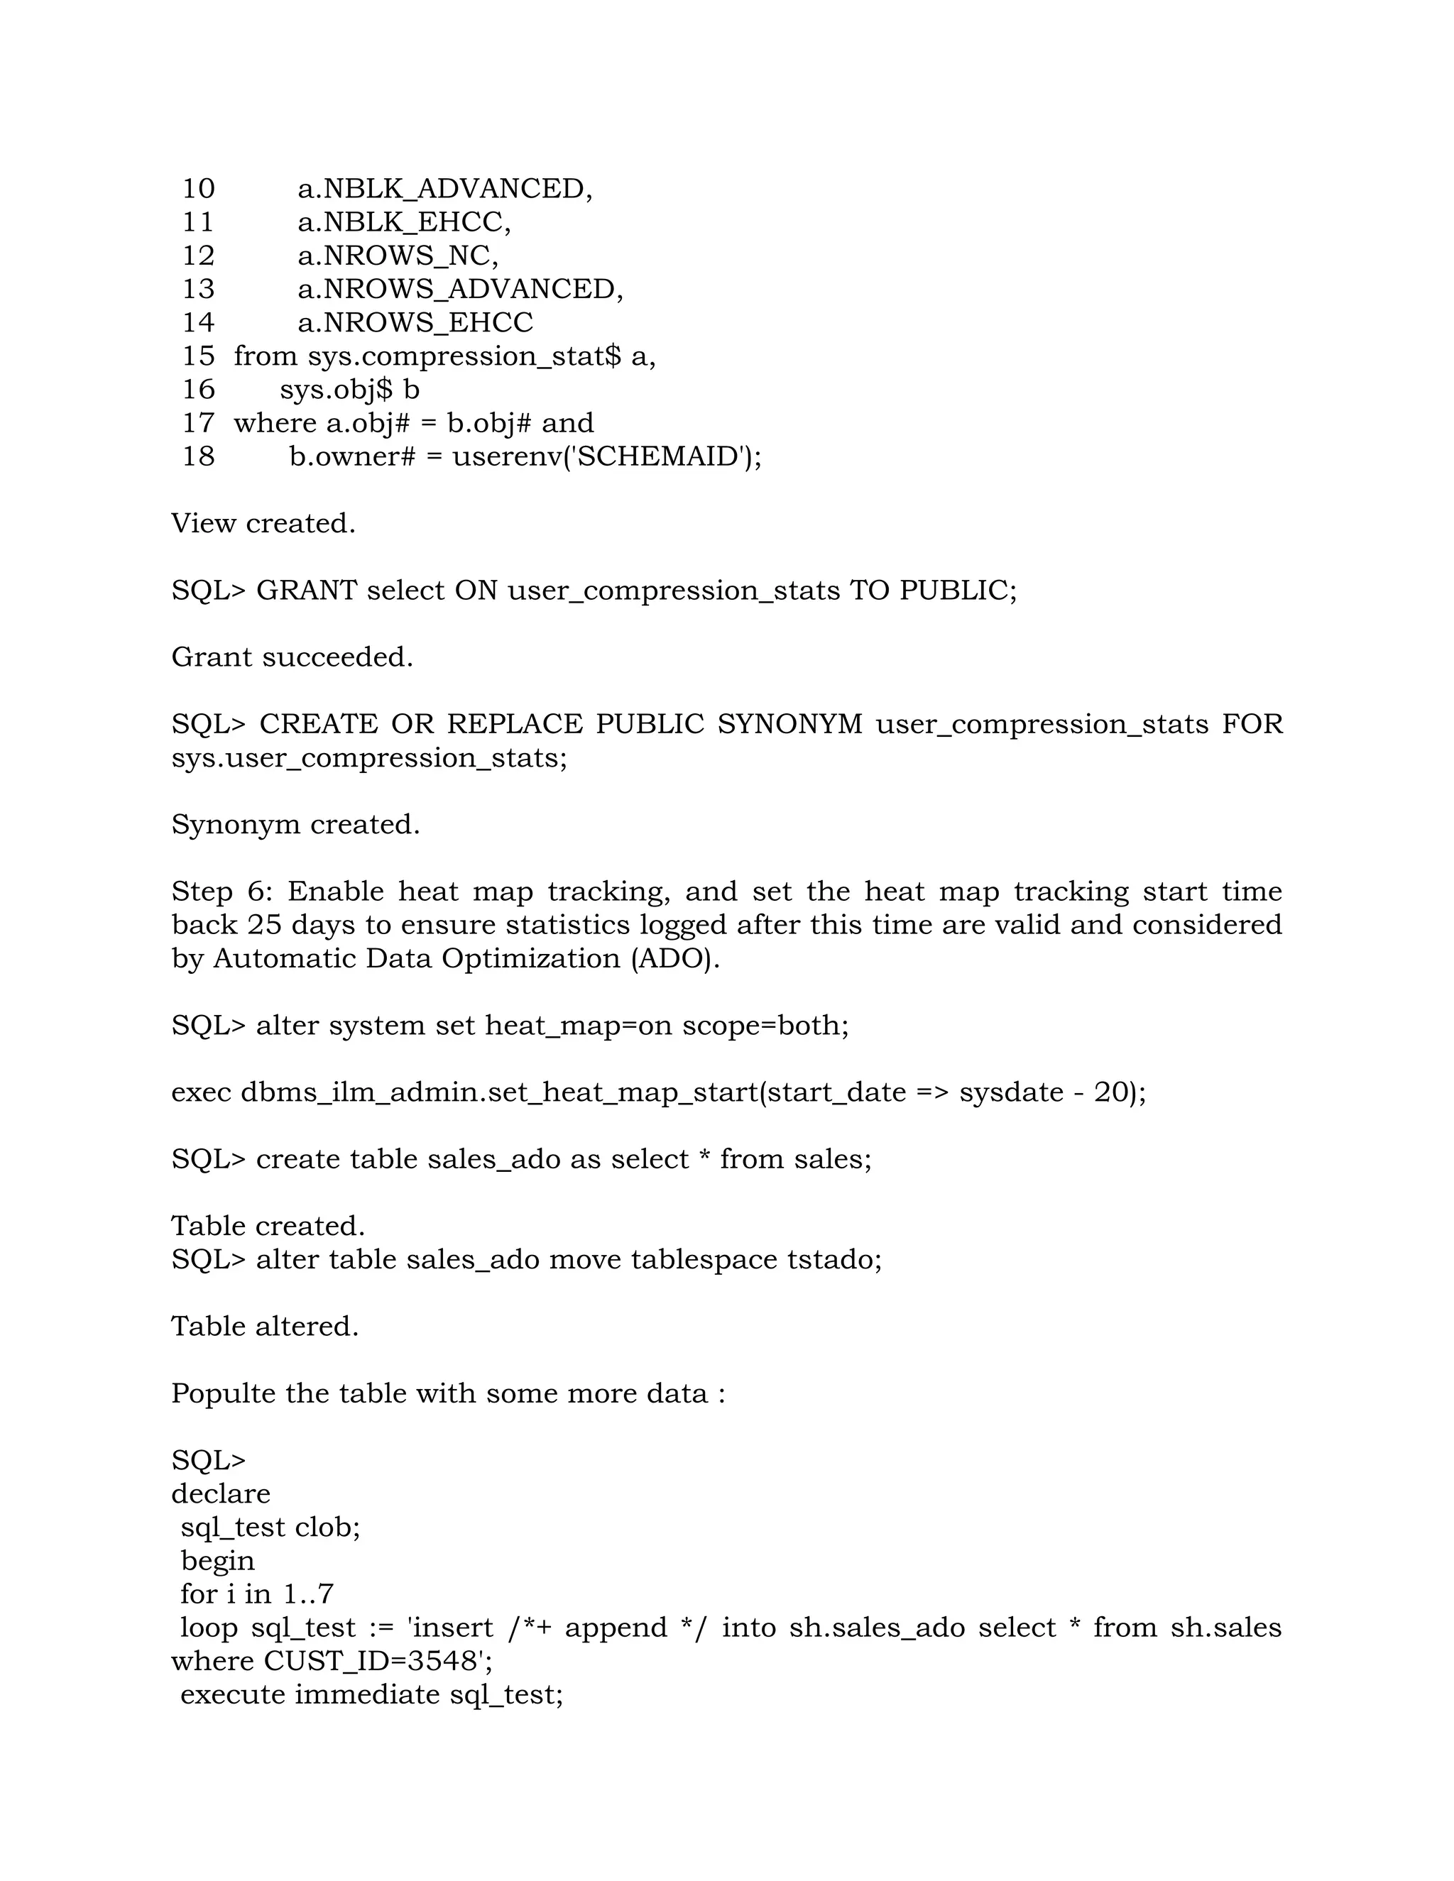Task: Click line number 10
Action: (x=198, y=189)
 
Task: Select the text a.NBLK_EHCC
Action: (x=403, y=222)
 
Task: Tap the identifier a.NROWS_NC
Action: (x=397, y=256)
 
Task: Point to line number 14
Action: (x=198, y=322)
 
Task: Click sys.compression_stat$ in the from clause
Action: (x=464, y=356)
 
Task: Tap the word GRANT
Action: (x=306, y=590)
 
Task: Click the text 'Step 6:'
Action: (x=222, y=891)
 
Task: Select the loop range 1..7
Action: (x=307, y=1594)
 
